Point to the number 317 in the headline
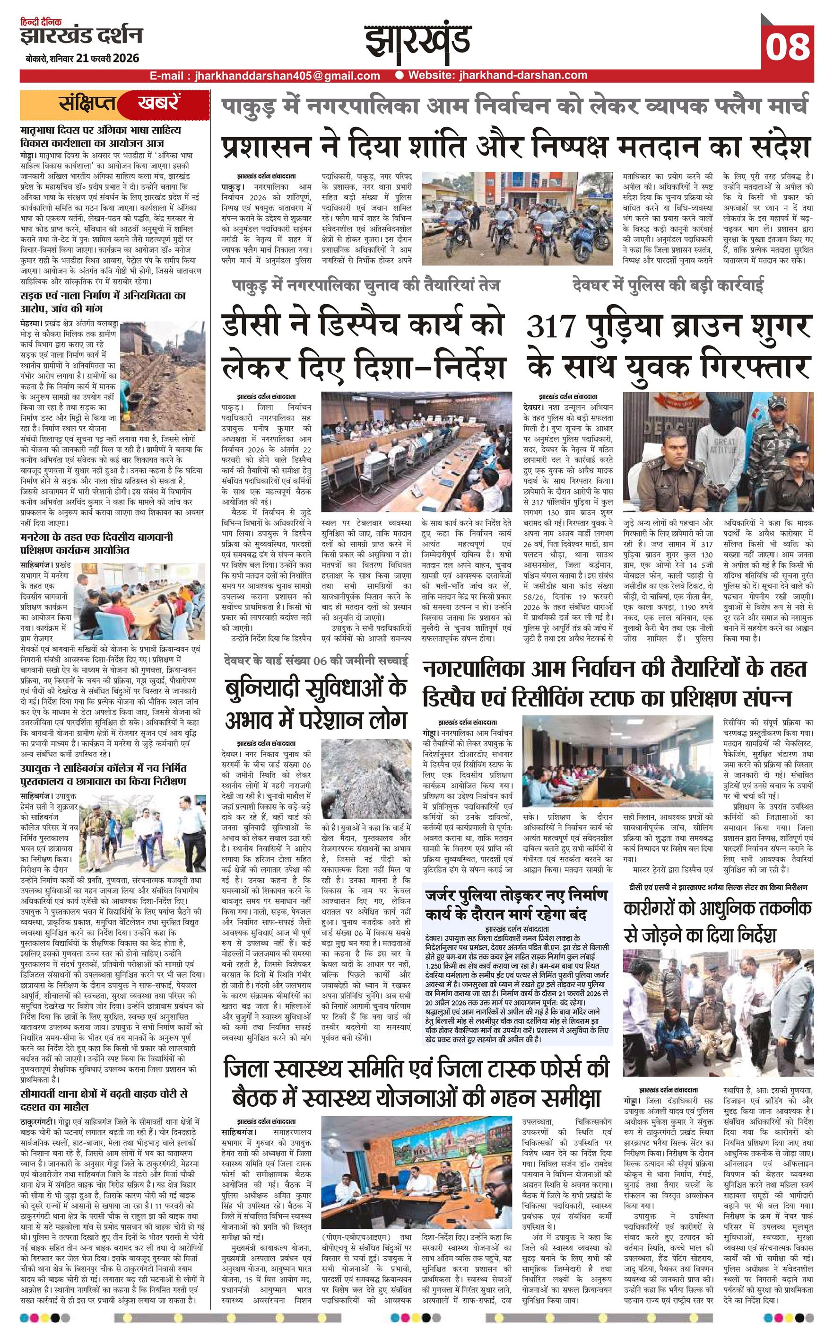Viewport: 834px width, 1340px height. [551, 327]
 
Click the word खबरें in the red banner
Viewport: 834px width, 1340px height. [158, 103]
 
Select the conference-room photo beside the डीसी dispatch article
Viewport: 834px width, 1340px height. [421, 451]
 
